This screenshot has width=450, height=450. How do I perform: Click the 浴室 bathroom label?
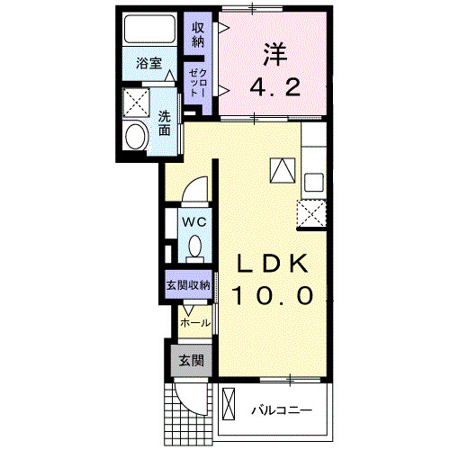point(149,63)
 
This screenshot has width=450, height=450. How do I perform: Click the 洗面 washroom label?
point(166,122)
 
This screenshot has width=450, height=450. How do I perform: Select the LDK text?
point(274,264)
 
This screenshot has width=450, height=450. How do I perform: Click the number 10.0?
point(274,295)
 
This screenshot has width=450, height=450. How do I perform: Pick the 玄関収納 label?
point(187,285)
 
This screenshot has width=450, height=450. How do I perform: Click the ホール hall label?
point(195,322)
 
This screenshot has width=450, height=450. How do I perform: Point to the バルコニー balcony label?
point(281,410)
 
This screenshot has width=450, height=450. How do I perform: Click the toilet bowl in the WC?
point(194,246)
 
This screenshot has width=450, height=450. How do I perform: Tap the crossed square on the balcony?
point(228,402)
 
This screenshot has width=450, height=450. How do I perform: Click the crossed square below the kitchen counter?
point(312,213)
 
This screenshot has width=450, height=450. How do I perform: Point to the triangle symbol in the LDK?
point(282,169)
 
